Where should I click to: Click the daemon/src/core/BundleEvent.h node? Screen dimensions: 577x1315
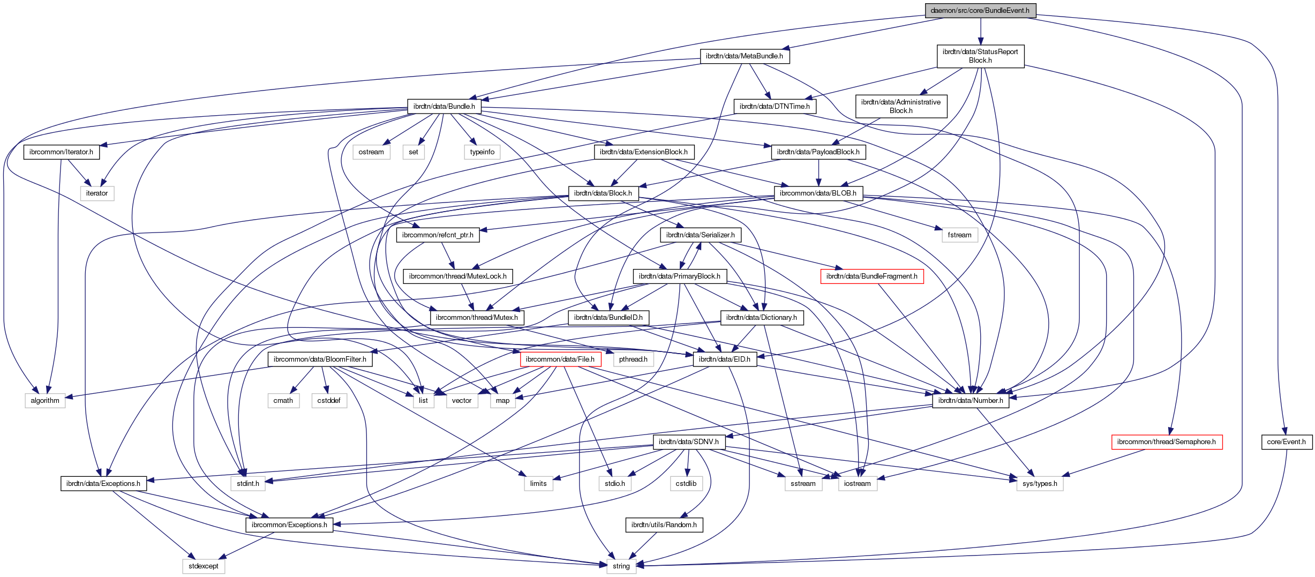pyautogui.click(x=980, y=10)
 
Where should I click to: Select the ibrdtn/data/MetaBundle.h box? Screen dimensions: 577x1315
pyautogui.click(x=744, y=56)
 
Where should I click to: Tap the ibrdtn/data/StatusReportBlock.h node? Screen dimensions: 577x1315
pyautogui.click(x=980, y=56)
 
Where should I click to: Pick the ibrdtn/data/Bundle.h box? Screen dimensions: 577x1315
pyautogui.click(x=444, y=106)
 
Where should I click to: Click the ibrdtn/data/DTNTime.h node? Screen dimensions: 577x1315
pyautogui.click(x=775, y=106)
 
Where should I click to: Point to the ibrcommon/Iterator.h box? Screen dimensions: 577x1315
pyautogui.click(x=61, y=152)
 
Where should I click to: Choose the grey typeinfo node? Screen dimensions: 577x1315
pyautogui.click(x=482, y=152)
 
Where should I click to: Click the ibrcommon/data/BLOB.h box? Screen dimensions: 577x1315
pyautogui.click(x=818, y=193)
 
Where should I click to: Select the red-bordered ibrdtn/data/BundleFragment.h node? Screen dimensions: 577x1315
pyautogui.click(x=871, y=276)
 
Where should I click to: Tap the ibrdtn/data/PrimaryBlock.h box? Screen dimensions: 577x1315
pyautogui.click(x=679, y=276)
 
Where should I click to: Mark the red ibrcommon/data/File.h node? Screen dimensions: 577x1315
pyautogui.click(x=560, y=359)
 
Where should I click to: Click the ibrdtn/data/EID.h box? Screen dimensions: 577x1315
pyautogui.click(x=724, y=359)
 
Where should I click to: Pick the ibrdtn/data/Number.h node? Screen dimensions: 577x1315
pyautogui.click(x=971, y=400)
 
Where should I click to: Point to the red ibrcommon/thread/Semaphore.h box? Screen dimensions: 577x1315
pyautogui.click(x=1166, y=441)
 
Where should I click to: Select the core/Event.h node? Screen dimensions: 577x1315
pyautogui.click(x=1287, y=441)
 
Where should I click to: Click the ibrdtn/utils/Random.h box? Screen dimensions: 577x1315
pyautogui.click(x=664, y=524)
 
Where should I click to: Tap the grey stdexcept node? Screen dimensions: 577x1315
pyautogui.click(x=204, y=566)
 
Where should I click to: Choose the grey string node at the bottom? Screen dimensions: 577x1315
pyautogui.click(x=621, y=566)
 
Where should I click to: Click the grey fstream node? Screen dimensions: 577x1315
pyautogui.click(x=959, y=235)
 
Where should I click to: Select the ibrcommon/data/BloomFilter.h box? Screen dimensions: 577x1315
pyautogui.click(x=320, y=359)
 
